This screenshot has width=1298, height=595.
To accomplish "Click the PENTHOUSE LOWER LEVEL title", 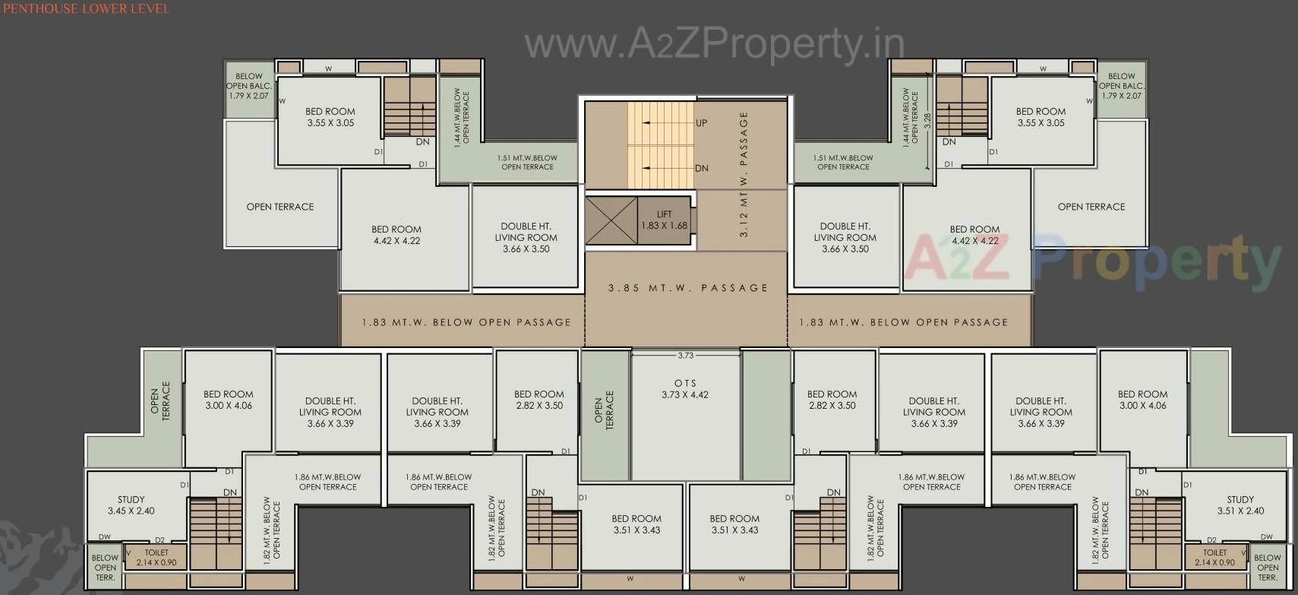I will tap(85, 8).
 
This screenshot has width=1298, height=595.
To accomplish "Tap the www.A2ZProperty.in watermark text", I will tap(714, 44).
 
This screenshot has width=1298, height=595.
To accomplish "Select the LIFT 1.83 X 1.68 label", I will tap(664, 220).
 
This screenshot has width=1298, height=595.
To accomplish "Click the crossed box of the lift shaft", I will tap(611, 220).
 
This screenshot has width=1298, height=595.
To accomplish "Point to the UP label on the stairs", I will tap(701, 123).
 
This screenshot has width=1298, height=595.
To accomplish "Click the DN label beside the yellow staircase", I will tap(701, 169).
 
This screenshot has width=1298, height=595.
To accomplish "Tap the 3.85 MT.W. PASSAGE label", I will tap(687, 288).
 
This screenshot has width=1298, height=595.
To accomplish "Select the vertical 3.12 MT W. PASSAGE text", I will tap(744, 175).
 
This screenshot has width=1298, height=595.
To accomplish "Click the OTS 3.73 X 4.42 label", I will tap(685, 389).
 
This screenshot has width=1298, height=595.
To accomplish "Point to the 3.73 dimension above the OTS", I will tap(685, 356).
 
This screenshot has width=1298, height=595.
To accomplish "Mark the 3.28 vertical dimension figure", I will tap(927, 122).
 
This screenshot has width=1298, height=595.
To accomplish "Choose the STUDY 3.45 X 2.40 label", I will tap(131, 505).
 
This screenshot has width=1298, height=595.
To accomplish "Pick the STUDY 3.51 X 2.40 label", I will tap(1240, 505).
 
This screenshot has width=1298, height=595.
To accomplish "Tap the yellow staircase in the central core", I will tap(649, 144).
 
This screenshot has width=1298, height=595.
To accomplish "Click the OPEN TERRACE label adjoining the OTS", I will tap(604, 411).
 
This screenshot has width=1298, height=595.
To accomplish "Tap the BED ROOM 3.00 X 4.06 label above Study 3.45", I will tap(228, 400).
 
